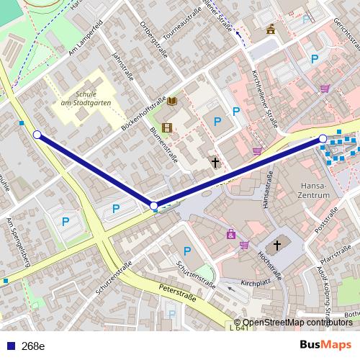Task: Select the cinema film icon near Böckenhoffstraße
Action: click(x=167, y=127)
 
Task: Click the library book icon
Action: click(x=171, y=102)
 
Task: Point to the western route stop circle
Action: click(x=37, y=134)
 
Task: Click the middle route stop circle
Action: click(x=154, y=207)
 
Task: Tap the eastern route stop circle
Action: click(x=323, y=138)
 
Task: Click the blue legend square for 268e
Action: click(x=8, y=346)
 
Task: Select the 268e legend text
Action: click(x=33, y=346)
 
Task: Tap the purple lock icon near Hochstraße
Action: click(x=230, y=234)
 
